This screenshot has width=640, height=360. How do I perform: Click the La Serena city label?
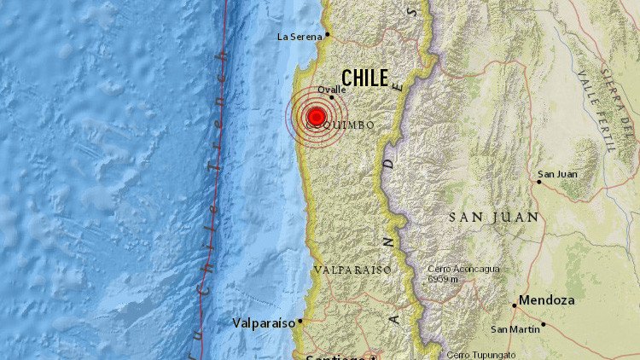pyautogui.click(x=300, y=36)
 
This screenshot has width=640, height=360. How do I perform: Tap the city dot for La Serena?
pyautogui.click(x=327, y=35)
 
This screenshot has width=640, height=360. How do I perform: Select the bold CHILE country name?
pyautogui.click(x=364, y=78)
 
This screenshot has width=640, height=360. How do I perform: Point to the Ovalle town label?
pyautogui.click(x=331, y=89)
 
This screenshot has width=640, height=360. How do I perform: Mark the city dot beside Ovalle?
pyautogui.click(x=332, y=97)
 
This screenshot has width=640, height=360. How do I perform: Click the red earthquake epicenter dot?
pyautogui.click(x=317, y=117)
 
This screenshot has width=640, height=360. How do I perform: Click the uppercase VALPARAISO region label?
pyautogui.click(x=352, y=270)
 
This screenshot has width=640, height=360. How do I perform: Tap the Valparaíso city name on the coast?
pyautogui.click(x=263, y=323)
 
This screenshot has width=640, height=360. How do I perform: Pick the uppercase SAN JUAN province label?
pyautogui.click(x=494, y=218)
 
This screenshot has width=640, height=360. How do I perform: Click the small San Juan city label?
pyautogui.click(x=557, y=174)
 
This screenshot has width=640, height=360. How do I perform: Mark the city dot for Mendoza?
pyautogui.click(x=515, y=304)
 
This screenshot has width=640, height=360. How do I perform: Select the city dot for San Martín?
pyautogui.click(x=544, y=324)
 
